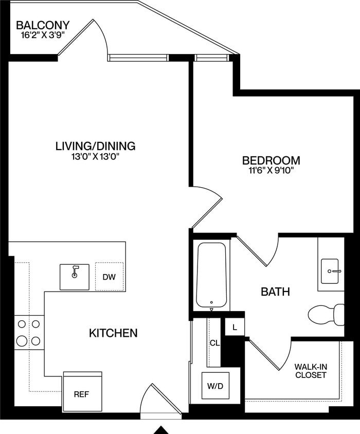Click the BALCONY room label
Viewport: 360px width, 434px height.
click(43, 25)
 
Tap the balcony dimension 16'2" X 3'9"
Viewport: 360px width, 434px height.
click(43, 35)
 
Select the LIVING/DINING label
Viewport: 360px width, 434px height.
click(95, 146)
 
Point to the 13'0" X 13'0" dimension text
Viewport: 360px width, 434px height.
click(95, 157)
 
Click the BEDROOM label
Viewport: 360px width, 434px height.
click(271, 160)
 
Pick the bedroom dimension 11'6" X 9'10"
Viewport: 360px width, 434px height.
click(271, 170)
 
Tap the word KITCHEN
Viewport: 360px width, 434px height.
click(113, 333)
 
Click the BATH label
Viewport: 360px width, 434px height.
click(275, 292)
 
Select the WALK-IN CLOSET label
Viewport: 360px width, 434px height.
click(310, 371)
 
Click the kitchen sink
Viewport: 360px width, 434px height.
click(75, 277)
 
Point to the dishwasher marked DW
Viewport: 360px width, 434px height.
click(109, 277)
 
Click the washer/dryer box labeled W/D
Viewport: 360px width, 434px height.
click(215, 385)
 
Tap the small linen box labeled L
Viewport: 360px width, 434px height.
click(235, 327)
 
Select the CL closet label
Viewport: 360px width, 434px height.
click(214, 343)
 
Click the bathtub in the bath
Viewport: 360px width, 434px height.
click(211, 275)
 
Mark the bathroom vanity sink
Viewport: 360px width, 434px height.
click(330, 271)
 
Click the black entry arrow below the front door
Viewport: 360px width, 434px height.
click(162, 429)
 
